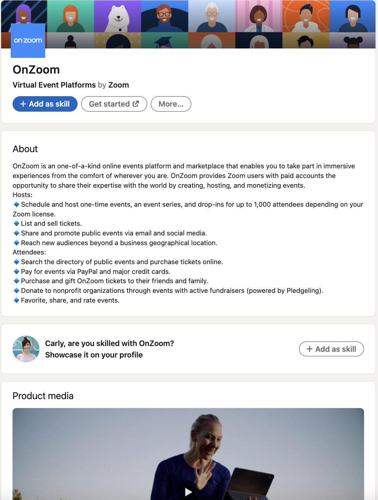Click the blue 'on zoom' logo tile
point(28,41)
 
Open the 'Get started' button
point(114,104)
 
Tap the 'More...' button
point(171,104)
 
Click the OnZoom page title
point(36,70)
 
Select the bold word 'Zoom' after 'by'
point(118,85)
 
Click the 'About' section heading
point(25,149)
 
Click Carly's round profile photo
point(26,349)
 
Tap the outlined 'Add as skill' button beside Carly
point(331,349)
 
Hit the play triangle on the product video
point(188,492)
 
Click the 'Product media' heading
point(43,396)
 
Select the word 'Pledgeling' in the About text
point(303,291)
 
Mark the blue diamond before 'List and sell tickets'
point(17,223)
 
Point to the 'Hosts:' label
point(23,195)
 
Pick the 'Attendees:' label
point(29,252)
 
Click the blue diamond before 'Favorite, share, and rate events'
point(17,300)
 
